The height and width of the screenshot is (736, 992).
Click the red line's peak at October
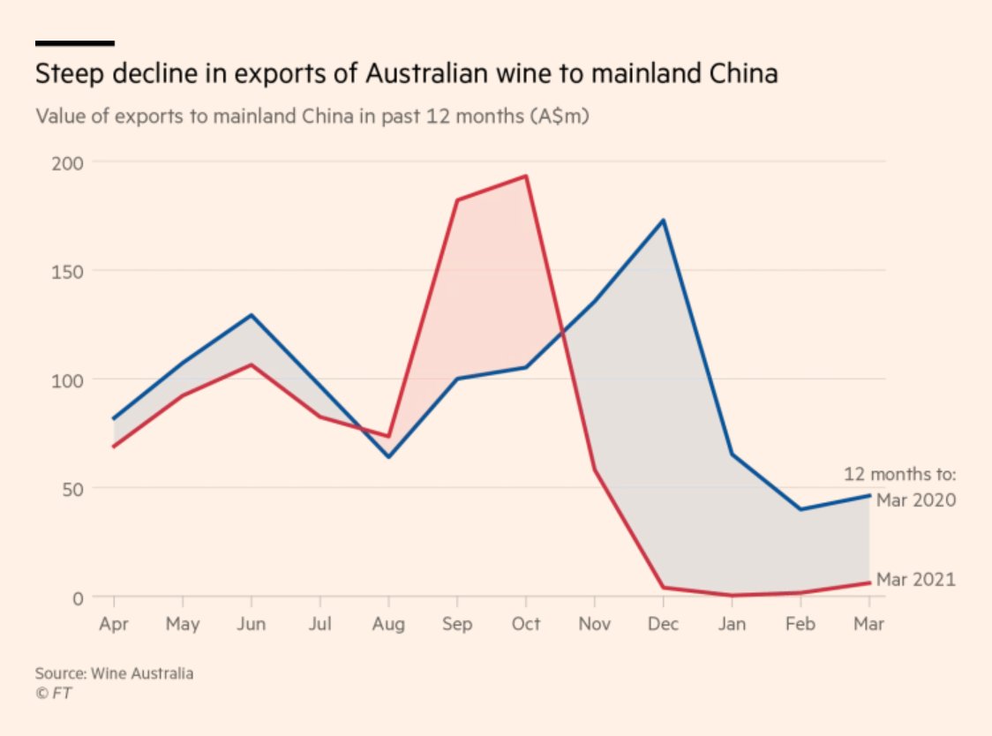point(526,176)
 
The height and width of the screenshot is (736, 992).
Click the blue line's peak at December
point(664,220)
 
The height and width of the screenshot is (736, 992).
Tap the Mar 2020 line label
point(916,500)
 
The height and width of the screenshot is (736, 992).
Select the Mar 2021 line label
point(916,580)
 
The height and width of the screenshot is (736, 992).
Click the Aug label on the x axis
point(388,625)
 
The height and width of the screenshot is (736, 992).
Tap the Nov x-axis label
point(595,625)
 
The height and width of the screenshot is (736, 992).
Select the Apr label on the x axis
point(114,625)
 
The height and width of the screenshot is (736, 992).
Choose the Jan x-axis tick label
point(732,625)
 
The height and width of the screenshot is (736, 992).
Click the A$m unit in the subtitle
point(560,117)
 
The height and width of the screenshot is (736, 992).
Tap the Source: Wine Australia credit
point(114,674)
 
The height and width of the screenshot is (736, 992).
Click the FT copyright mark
point(53,694)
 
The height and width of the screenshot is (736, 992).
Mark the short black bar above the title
point(74,42)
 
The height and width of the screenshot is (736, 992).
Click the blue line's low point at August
point(388,456)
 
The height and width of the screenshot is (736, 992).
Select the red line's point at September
point(457,200)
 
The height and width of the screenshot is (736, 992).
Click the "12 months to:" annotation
point(900,474)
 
